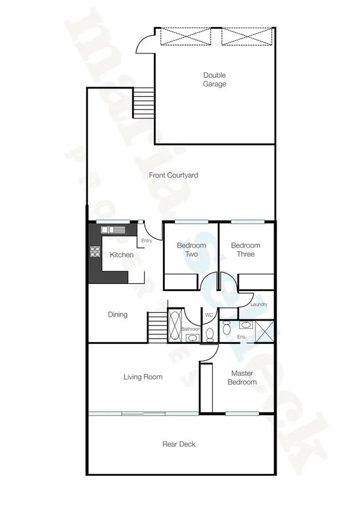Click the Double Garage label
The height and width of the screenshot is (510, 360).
[215, 79]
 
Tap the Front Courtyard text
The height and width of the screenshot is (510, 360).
[174, 175]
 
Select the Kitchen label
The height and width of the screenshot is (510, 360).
[121, 255]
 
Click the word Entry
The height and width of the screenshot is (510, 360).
[146, 241]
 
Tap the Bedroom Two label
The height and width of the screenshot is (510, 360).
[191, 250]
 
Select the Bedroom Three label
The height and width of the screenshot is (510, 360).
[246, 250]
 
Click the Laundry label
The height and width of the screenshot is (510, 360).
[258, 305]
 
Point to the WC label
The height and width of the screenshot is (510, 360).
[209, 315]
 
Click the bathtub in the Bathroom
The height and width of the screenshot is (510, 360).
[175, 325]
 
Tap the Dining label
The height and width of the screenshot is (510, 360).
[118, 314]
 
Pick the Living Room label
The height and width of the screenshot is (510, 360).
[143, 377]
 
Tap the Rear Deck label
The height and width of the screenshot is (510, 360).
[179, 444]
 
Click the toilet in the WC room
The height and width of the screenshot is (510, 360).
[210, 334]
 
